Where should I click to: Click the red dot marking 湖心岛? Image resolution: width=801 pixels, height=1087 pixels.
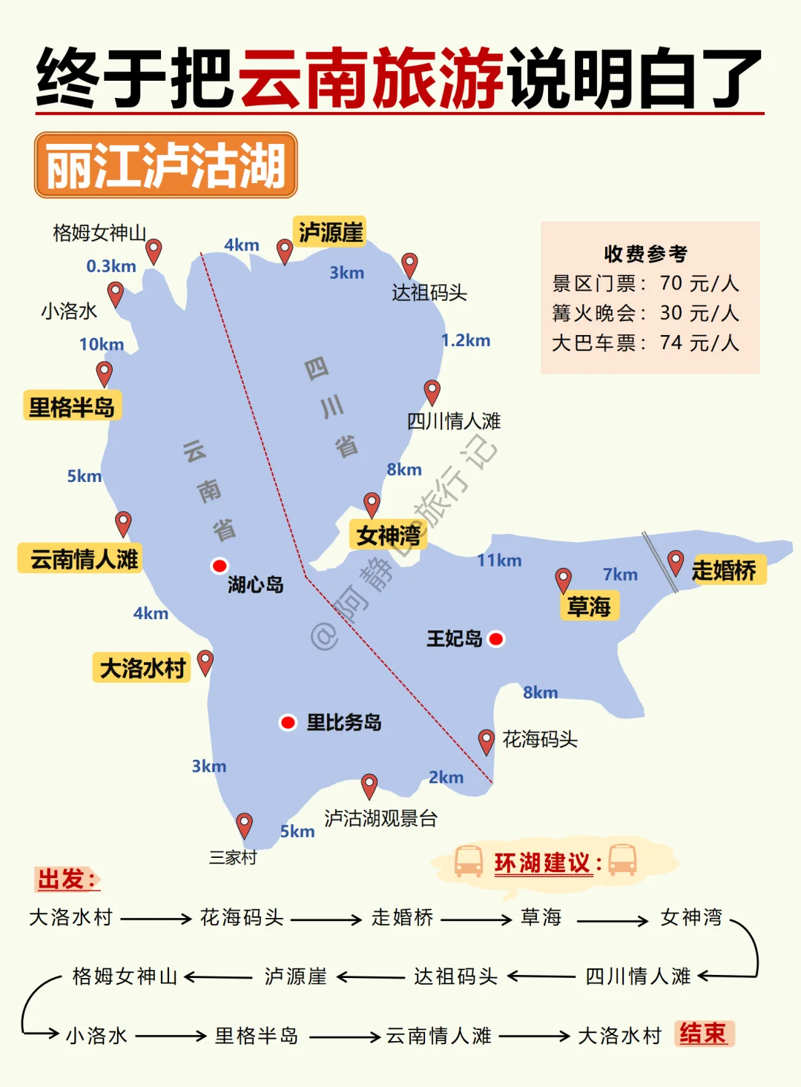point(220,566)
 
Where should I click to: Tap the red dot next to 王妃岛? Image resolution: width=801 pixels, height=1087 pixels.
point(496,638)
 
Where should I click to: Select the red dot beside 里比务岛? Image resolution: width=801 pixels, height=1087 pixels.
point(288,722)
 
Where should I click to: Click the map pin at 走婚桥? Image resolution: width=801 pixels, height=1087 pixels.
point(675,561)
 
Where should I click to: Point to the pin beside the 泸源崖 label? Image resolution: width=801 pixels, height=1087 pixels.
point(284,250)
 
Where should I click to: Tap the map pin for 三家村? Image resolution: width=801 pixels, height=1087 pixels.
point(244,824)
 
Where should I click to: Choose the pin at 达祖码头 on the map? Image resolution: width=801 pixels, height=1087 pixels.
point(409,264)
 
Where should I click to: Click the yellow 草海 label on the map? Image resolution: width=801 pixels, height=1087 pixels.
point(589,607)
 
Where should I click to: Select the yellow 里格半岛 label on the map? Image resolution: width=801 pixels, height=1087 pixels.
point(72,406)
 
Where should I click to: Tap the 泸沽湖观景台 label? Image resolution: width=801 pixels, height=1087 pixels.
point(380,818)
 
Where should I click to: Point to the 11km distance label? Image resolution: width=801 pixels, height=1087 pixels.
point(499,560)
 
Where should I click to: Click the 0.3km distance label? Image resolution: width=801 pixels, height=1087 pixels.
point(111,266)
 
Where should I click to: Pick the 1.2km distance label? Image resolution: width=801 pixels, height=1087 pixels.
point(466,340)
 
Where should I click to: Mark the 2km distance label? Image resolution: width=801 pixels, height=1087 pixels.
point(446,777)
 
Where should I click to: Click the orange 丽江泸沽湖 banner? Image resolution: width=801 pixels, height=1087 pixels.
point(166,165)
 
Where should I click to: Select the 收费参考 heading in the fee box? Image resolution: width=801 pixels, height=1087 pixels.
point(645,254)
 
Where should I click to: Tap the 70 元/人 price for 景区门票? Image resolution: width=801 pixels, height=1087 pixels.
point(699,283)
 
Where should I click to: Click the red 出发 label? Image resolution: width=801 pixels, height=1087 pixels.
point(67,879)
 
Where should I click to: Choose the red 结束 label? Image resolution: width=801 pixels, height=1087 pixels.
point(703,1033)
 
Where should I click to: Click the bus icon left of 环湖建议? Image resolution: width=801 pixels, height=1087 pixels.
point(469,861)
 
